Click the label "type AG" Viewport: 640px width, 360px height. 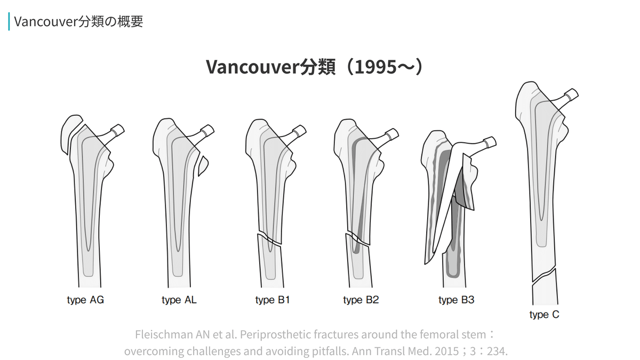(x=85, y=300)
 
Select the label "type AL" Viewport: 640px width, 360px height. (x=179, y=300)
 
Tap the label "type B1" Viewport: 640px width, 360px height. (x=273, y=300)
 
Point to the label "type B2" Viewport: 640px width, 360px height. (x=361, y=300)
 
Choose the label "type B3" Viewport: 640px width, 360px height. (x=456, y=300)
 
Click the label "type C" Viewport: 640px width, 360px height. (x=544, y=315)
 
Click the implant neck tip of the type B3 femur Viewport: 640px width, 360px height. (x=490, y=142)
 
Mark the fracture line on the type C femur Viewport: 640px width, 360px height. (x=544, y=275)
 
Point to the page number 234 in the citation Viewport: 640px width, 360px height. (x=497, y=352)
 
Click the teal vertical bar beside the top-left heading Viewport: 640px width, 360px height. (x=9, y=21)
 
